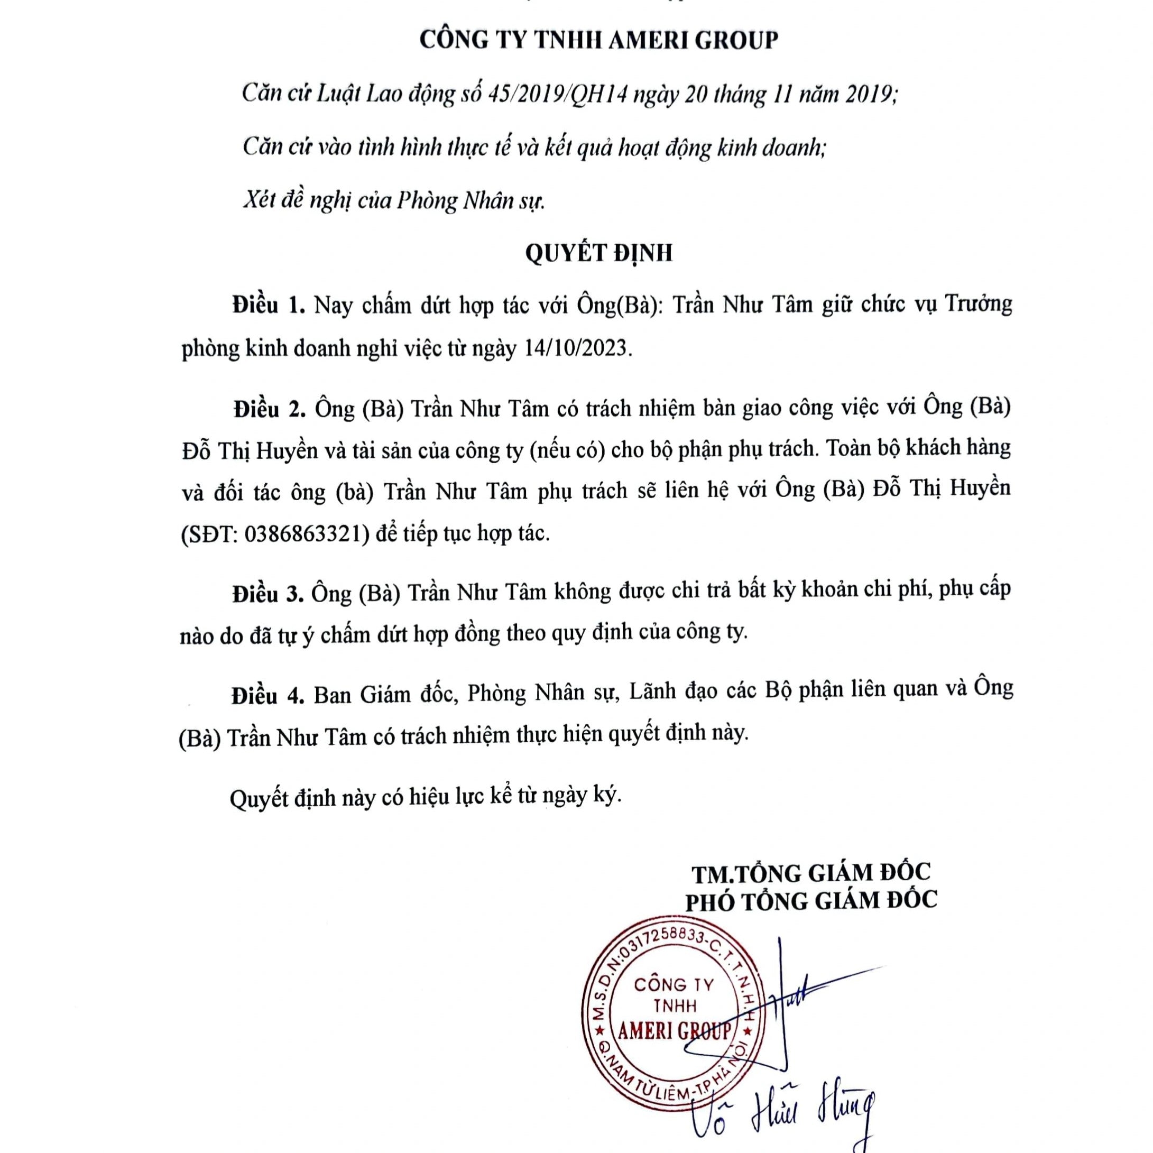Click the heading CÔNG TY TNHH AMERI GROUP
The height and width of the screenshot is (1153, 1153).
click(598, 40)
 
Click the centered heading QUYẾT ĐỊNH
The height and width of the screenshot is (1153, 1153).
click(598, 253)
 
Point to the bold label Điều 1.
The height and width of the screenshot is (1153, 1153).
click(269, 306)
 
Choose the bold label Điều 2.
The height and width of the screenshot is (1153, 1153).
click(269, 409)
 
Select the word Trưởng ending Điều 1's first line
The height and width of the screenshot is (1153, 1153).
click(979, 305)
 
